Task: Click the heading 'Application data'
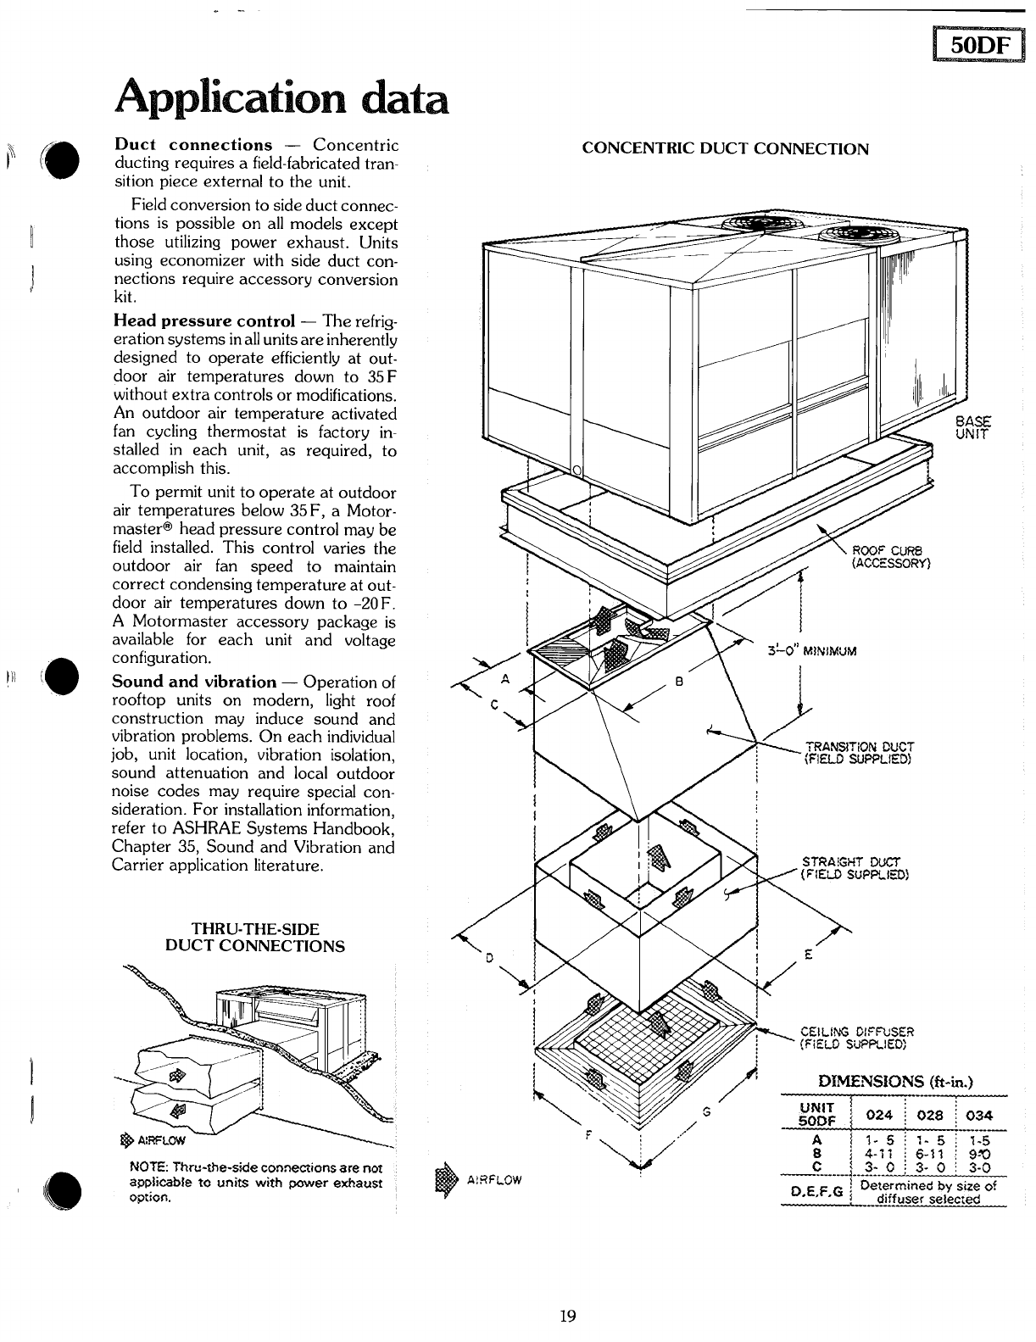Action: (x=280, y=96)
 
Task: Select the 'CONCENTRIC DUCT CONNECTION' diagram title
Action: (x=726, y=149)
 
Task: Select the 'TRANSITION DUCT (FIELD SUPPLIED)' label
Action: (x=858, y=752)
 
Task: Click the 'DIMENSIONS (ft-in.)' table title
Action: (x=894, y=1081)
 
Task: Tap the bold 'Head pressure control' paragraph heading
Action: (x=203, y=321)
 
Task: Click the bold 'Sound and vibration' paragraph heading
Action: (x=194, y=682)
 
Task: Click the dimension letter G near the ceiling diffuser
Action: (x=705, y=1111)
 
